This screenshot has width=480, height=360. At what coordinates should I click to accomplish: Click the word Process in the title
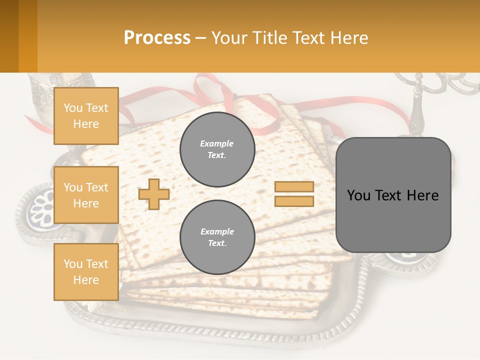(157, 38)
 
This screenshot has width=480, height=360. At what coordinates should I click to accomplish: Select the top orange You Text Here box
(86, 116)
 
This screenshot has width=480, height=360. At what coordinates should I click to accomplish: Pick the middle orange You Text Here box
(86, 195)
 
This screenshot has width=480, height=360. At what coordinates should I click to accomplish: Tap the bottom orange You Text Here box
(86, 272)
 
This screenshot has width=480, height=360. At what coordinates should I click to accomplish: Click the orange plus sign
(154, 194)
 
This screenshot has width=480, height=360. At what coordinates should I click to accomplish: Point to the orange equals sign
(294, 194)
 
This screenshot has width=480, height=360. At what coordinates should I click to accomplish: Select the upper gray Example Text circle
(217, 149)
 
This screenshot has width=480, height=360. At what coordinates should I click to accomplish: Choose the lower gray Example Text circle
(217, 237)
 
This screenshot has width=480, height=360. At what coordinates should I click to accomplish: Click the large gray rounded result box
(393, 195)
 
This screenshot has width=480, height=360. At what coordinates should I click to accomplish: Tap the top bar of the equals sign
(294, 186)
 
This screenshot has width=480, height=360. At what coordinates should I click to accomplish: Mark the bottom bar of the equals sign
(294, 201)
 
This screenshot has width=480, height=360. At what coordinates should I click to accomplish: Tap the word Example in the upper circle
(216, 143)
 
